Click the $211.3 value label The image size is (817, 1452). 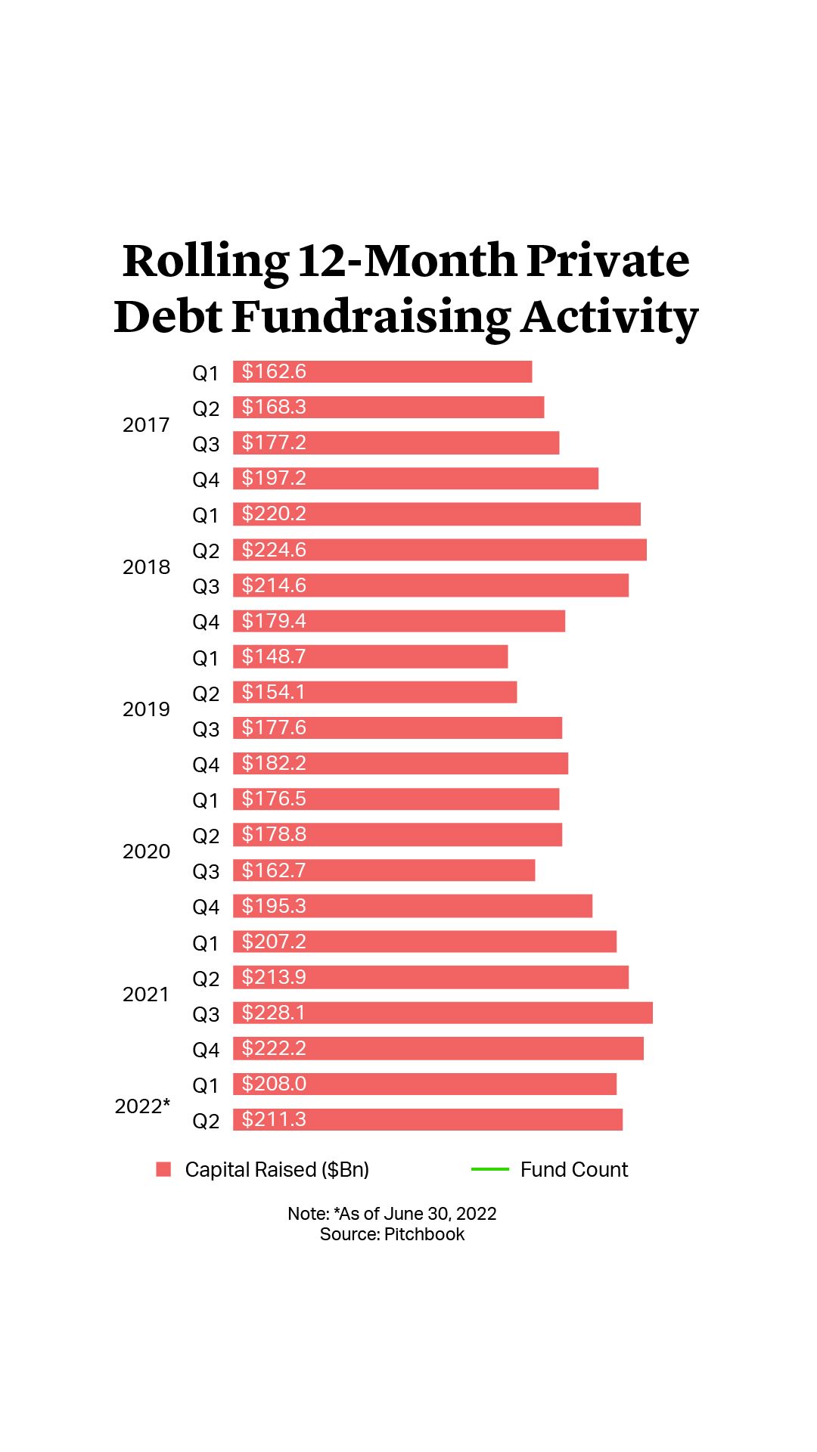click(274, 1119)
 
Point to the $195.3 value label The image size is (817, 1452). click(274, 906)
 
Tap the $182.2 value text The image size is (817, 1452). click(274, 763)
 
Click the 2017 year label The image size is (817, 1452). click(146, 425)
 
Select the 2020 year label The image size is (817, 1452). click(146, 852)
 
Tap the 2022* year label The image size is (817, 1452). click(142, 1106)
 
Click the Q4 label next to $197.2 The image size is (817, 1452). click(205, 479)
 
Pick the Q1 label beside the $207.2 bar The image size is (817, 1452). click(205, 943)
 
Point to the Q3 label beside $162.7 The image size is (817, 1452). click(205, 871)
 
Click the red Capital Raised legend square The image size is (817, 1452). click(163, 1169)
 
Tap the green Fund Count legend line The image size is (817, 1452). click(489, 1169)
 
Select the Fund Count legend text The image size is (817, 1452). click(574, 1170)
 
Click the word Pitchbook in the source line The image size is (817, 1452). click(424, 1234)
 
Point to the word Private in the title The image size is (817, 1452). click(607, 261)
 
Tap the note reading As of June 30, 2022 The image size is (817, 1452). click(417, 1214)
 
